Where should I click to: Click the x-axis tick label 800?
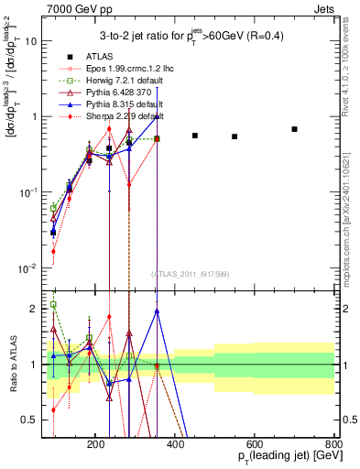[x=334, y=442]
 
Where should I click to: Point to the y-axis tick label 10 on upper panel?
[x=31, y=41]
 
